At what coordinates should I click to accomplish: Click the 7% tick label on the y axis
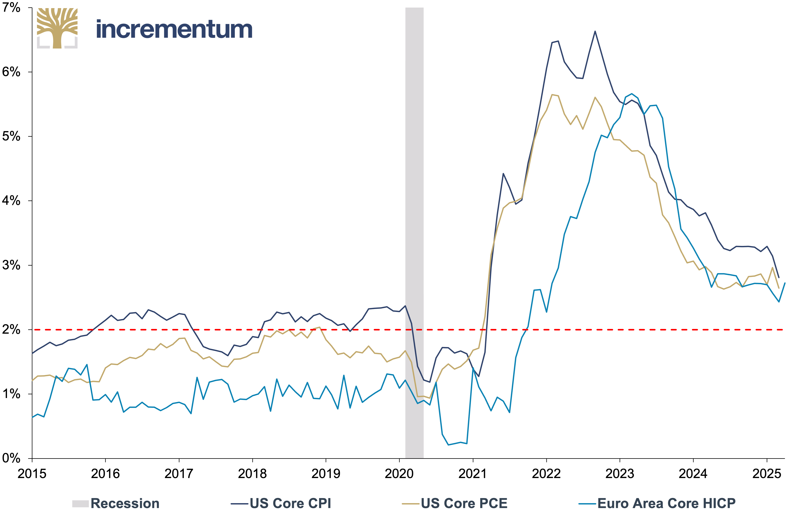click(11, 7)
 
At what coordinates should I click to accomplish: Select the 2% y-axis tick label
click(11, 329)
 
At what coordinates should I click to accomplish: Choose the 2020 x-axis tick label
click(399, 474)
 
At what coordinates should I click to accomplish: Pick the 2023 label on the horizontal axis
click(620, 474)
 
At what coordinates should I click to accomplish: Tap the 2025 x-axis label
click(767, 474)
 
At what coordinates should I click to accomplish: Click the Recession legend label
click(125, 504)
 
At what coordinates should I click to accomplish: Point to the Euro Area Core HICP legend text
click(666, 504)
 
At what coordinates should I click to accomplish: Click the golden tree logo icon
click(57, 28)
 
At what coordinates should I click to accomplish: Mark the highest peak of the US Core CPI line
click(595, 31)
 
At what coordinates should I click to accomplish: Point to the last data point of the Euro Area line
click(785, 283)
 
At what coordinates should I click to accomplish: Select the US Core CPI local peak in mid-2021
click(503, 174)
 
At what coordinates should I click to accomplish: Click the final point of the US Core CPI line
click(779, 278)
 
